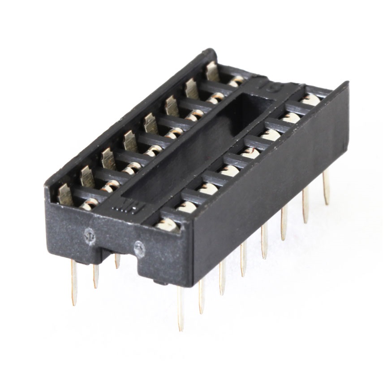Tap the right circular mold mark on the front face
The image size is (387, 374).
click(139, 246)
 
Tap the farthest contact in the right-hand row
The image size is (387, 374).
click(310, 100)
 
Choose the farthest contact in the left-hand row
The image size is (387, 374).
click(212, 72)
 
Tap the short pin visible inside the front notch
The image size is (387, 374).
click(117, 261)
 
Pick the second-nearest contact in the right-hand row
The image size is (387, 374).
click(187, 206)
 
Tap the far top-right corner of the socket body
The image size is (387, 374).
click(346, 84)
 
